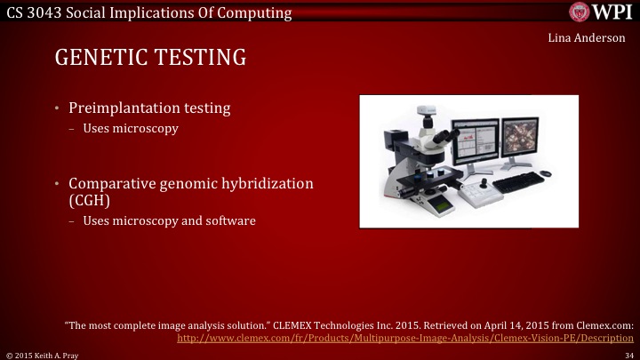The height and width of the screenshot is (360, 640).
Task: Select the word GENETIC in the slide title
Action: [x=104, y=59]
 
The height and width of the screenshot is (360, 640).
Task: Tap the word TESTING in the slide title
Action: [x=204, y=59]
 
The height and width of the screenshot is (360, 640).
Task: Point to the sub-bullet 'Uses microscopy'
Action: [x=131, y=129]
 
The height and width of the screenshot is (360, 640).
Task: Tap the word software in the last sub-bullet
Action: [x=230, y=220]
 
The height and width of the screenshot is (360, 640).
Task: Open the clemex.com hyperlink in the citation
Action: [x=405, y=339]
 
